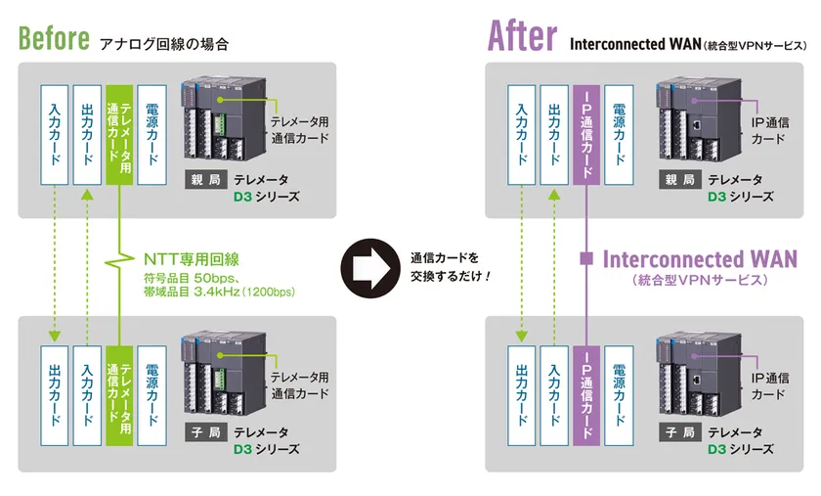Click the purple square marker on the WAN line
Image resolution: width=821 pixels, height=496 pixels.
click(x=585, y=259)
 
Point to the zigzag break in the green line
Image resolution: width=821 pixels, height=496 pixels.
click(x=119, y=258)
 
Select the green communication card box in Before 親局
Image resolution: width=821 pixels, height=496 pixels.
click(x=119, y=134)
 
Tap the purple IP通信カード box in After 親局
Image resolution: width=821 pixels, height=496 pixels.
click(x=585, y=134)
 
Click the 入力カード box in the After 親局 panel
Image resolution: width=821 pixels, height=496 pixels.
click(x=521, y=134)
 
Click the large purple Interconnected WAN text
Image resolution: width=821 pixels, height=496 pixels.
click(x=700, y=259)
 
